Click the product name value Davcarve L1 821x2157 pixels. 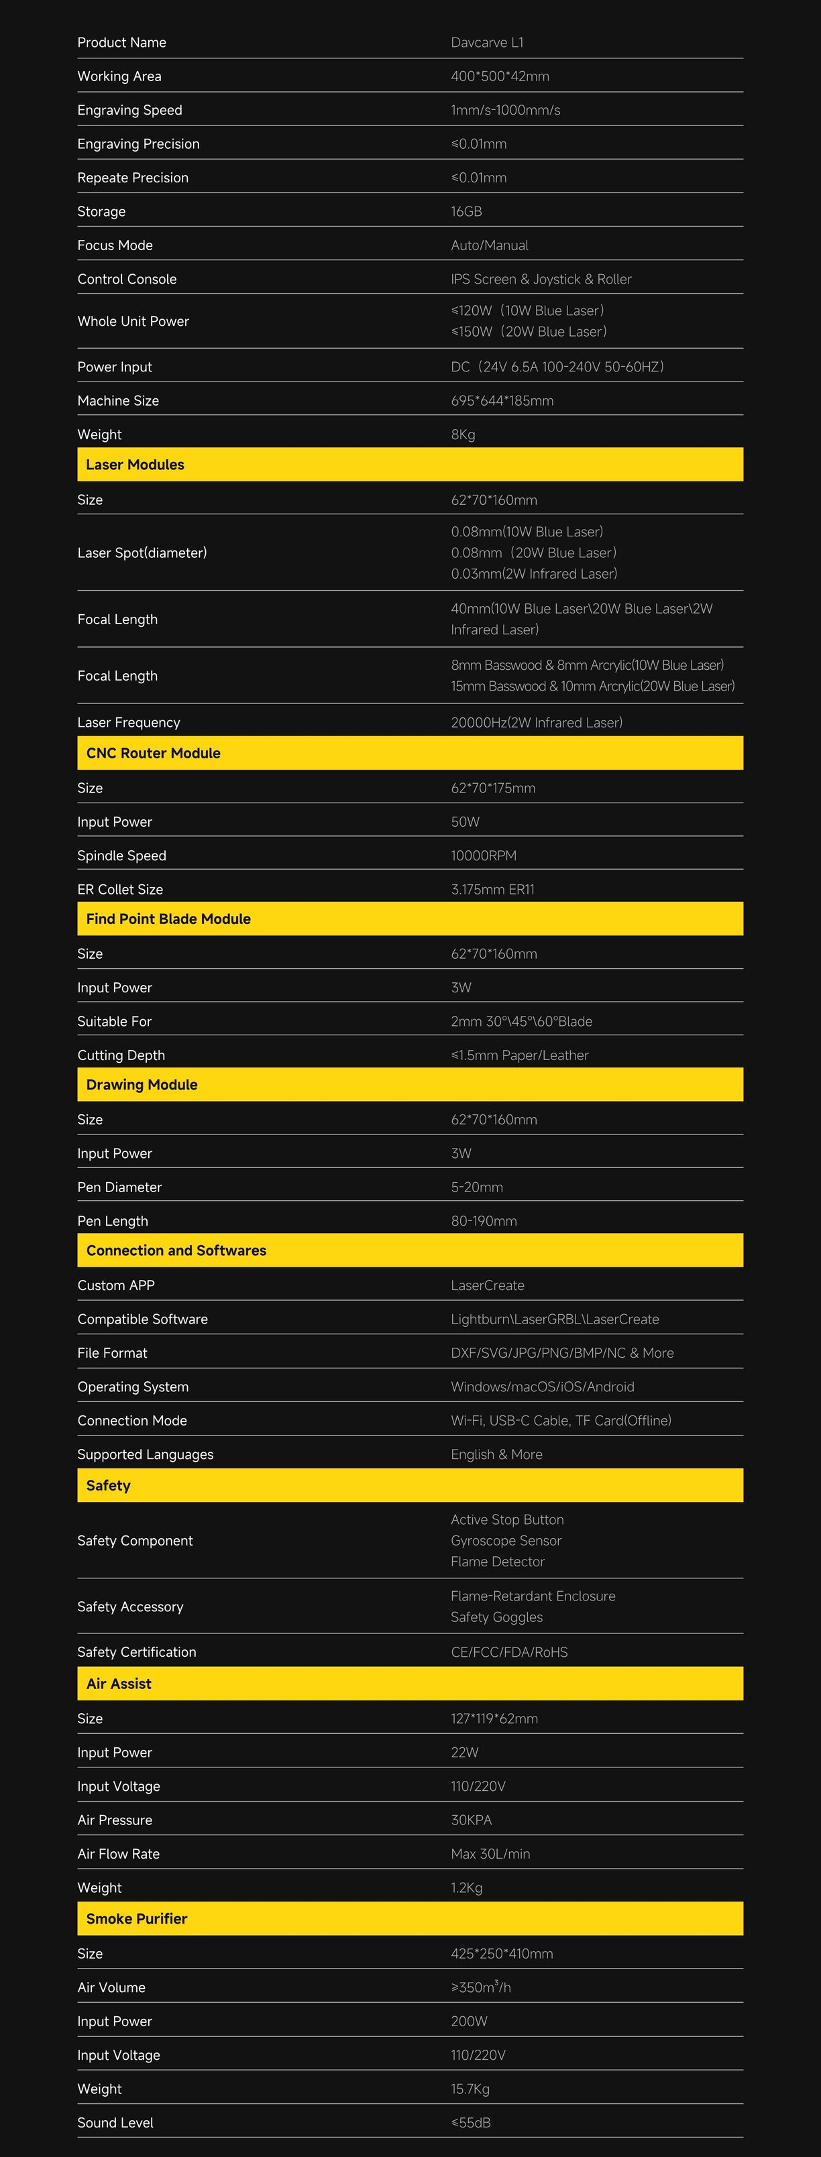487,43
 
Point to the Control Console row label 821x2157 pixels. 127,279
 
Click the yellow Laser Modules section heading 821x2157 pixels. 135,465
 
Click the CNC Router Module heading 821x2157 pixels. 154,753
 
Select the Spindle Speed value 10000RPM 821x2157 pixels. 484,855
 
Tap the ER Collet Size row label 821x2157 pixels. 120,889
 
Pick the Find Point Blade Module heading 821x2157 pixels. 168,919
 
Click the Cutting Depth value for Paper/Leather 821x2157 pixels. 519,1055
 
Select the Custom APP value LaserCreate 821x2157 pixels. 488,1285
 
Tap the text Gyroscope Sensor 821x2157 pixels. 506,1541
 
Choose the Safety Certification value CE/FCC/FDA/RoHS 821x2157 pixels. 509,1652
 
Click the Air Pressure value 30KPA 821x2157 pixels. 471,1820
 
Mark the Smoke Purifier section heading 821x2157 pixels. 137,1918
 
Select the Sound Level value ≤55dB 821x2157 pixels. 470,2123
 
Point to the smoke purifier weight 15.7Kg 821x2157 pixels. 470,2089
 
